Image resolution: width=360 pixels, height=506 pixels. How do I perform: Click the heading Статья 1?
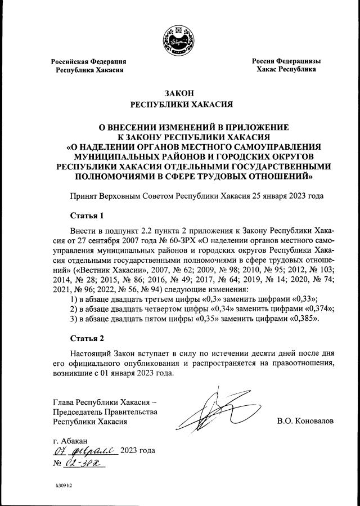tap(87, 216)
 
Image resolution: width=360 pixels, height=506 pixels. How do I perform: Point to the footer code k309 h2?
tap(64, 485)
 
